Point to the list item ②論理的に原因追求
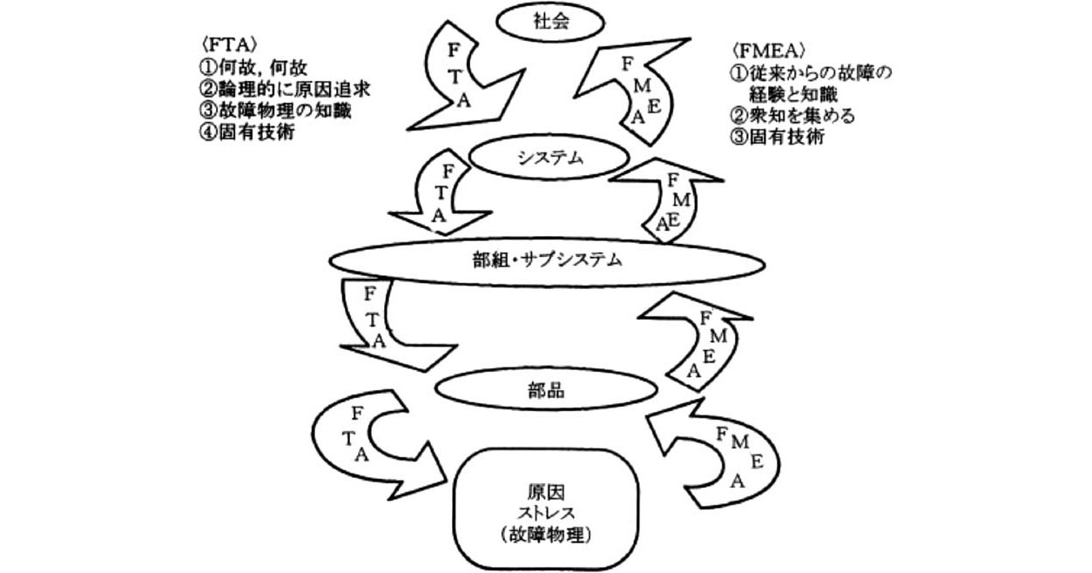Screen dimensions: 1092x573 pyautogui.click(x=285, y=89)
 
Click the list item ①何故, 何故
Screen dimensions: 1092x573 pyautogui.click(x=253, y=67)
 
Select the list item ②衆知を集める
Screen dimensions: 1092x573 pyautogui.click(x=792, y=116)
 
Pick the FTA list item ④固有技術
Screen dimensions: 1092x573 pyautogui.click(x=247, y=132)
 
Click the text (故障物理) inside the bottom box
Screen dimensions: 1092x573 pyautogui.click(x=547, y=535)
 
